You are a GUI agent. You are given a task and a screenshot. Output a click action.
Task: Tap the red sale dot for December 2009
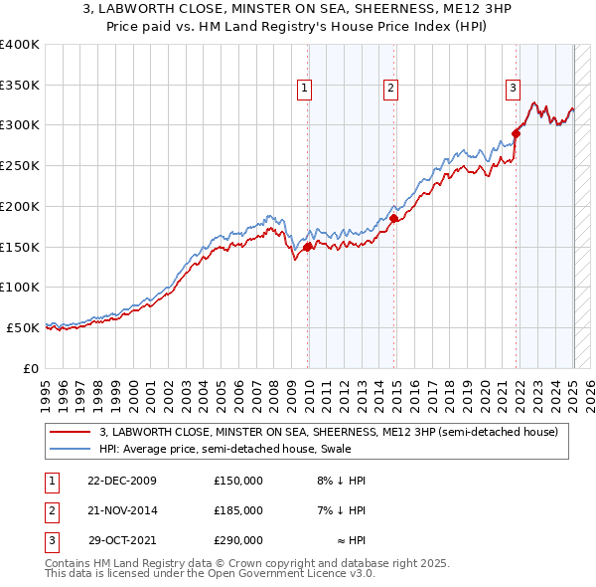point(308,247)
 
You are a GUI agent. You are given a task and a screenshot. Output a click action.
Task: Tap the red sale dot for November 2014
point(394,218)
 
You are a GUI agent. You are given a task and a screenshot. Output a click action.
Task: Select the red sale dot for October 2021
point(517,133)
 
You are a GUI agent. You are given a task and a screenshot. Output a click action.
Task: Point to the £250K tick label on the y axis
point(19,165)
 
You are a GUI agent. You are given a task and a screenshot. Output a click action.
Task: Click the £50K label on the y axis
point(22,327)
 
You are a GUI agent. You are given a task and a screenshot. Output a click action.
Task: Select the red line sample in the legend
point(71,432)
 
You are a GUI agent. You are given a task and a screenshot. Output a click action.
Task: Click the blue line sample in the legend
point(71,449)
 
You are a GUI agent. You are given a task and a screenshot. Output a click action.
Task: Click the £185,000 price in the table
point(238,510)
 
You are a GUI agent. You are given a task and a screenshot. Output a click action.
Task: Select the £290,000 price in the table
point(238,540)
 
